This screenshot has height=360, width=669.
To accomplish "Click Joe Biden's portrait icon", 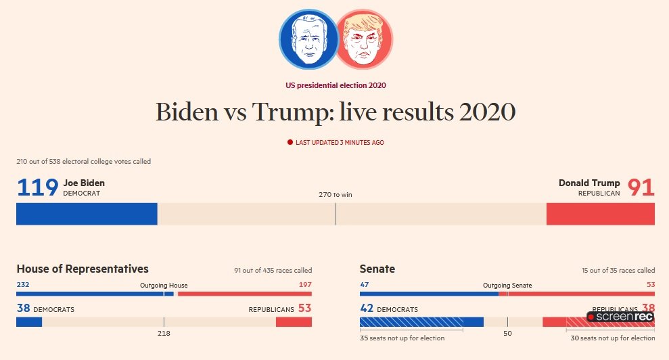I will (x=308, y=39).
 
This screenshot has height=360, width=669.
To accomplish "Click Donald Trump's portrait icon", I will (x=364, y=39).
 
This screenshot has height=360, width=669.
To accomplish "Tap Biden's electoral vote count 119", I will (x=37, y=187).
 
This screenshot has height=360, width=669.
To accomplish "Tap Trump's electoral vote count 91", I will (x=641, y=187).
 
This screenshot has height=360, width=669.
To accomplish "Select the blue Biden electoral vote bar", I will (x=87, y=214).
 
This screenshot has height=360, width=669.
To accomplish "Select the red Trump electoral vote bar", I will (x=600, y=214).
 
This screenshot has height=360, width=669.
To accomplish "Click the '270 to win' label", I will (x=336, y=195).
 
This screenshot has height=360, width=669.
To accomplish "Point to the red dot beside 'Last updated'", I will (x=290, y=143).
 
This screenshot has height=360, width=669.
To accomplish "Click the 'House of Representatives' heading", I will (x=83, y=269).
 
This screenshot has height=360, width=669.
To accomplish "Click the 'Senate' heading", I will (x=377, y=269).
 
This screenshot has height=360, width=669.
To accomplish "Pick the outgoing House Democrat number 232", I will (x=23, y=285).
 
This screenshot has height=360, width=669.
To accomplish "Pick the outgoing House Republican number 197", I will (x=305, y=285).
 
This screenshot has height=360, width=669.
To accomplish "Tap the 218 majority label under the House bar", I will (x=164, y=333).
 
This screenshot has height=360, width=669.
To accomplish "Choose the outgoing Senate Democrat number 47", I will (x=365, y=285).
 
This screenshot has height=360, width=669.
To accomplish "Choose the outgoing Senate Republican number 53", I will (x=651, y=285).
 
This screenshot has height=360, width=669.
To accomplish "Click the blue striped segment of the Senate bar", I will (x=411, y=322).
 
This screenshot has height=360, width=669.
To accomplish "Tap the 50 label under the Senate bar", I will (x=507, y=333).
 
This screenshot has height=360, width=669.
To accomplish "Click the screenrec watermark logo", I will (x=620, y=317).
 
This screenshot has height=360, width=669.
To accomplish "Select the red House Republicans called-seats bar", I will (x=294, y=322).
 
